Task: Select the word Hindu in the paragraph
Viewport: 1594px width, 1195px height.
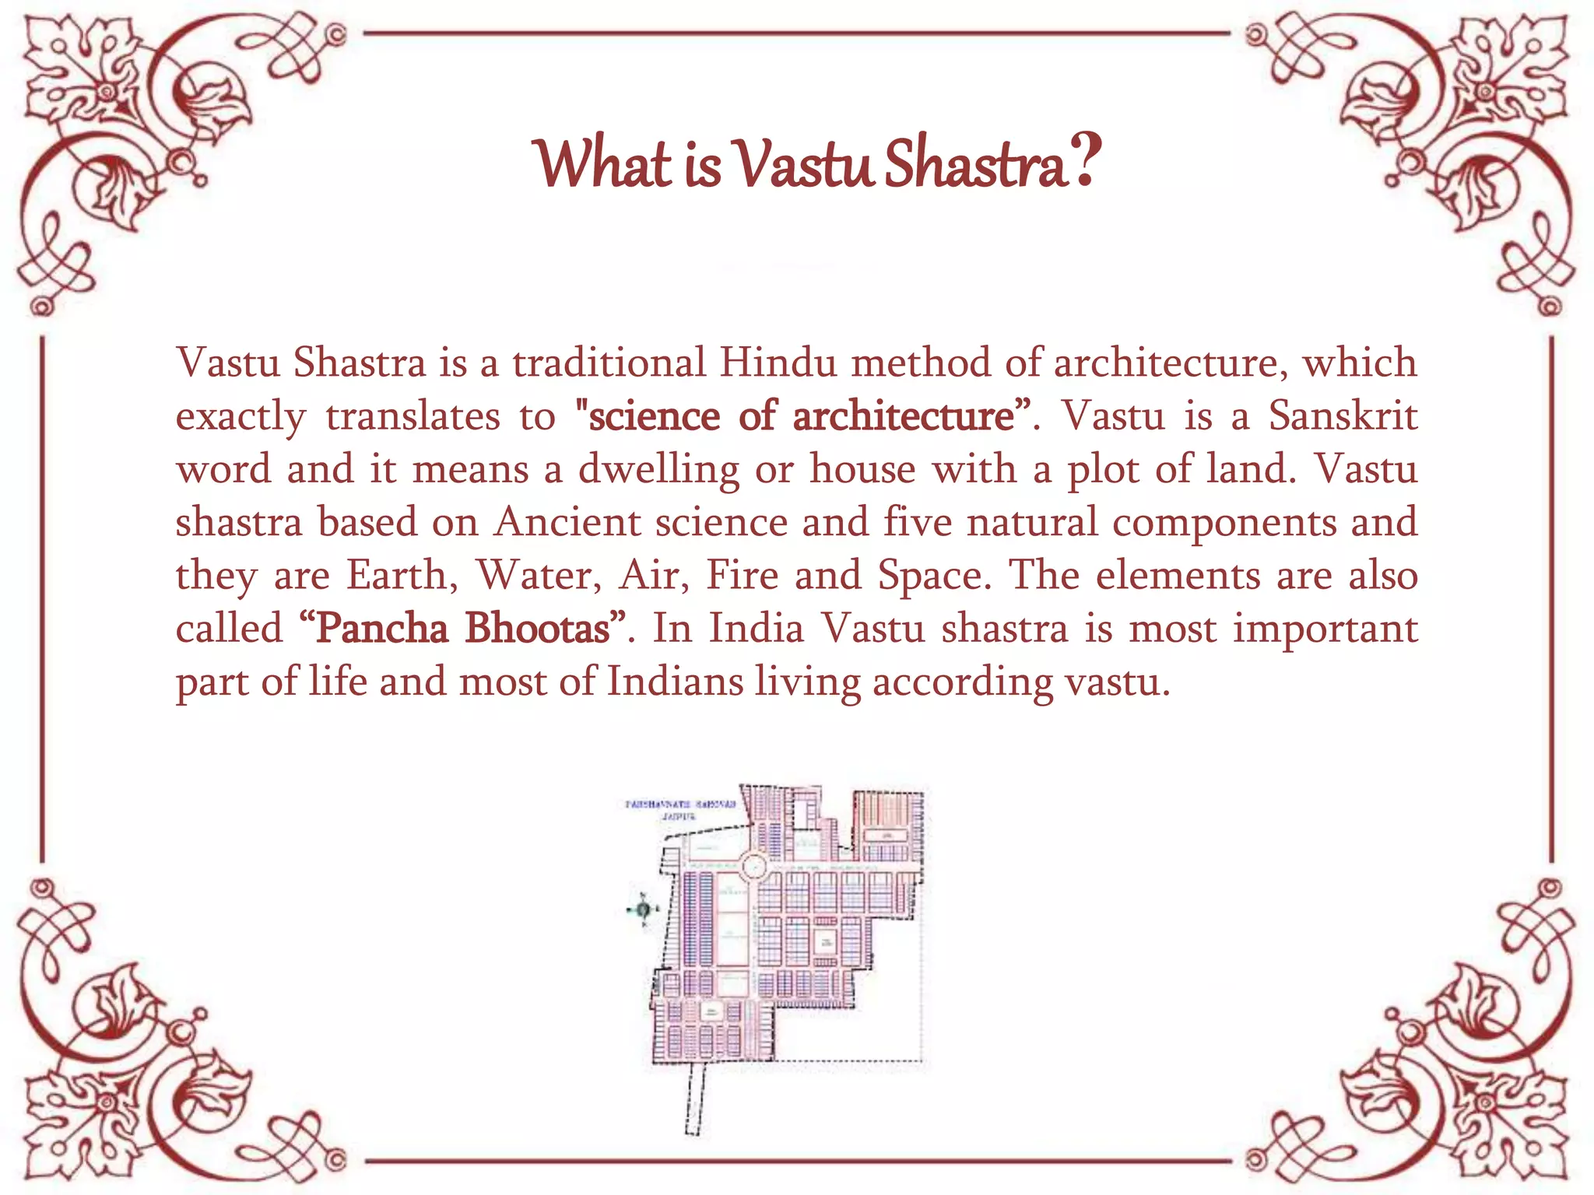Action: pos(778,363)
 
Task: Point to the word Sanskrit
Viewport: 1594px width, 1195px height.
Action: pos(1342,415)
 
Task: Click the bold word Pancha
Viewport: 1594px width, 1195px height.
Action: pos(381,628)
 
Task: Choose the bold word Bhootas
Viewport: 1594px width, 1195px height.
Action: pos(539,628)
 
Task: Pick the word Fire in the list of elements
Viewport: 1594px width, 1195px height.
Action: pos(742,575)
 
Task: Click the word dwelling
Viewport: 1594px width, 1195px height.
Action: pos(658,469)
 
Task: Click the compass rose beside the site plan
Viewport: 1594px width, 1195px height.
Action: pos(643,909)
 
